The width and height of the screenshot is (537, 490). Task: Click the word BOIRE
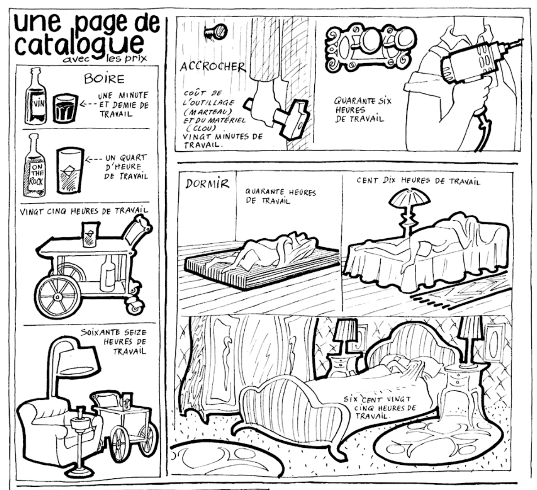(104, 79)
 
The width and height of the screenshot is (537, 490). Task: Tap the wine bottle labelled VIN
(35, 96)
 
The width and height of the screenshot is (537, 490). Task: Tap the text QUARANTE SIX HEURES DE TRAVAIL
(363, 110)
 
